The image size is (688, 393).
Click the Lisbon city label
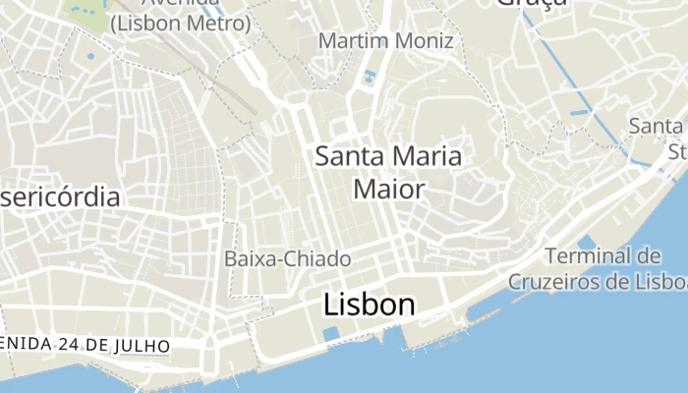pyautogui.click(x=369, y=305)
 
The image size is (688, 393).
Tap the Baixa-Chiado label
pyautogui.click(x=288, y=259)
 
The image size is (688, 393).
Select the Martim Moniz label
pyautogui.click(x=386, y=41)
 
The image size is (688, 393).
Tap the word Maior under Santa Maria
pyautogui.click(x=388, y=188)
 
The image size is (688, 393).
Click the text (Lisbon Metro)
pyautogui.click(x=180, y=22)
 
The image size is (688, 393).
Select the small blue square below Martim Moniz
pyautogui.click(x=370, y=76)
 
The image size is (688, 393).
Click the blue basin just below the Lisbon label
pyautogui.click(x=331, y=334)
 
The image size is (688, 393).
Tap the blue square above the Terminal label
pyautogui.click(x=587, y=242)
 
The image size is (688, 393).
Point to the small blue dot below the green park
pyautogui.click(x=91, y=56)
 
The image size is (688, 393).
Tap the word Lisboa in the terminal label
pyautogui.click(x=662, y=281)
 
